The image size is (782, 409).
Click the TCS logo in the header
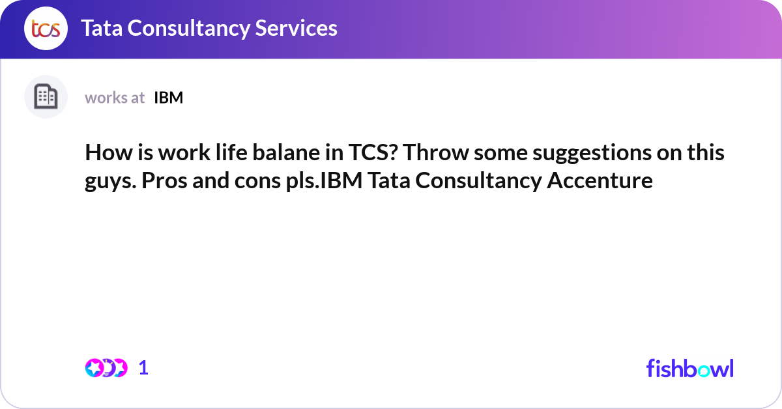(46, 29)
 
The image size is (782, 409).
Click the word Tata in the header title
(102, 28)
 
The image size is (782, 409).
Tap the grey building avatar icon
(46, 97)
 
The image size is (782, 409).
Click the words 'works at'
(115, 98)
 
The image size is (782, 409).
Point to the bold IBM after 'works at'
(168, 98)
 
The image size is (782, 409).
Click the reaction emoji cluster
(106, 368)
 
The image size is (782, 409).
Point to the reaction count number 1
(144, 368)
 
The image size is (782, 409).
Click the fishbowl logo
(689, 368)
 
